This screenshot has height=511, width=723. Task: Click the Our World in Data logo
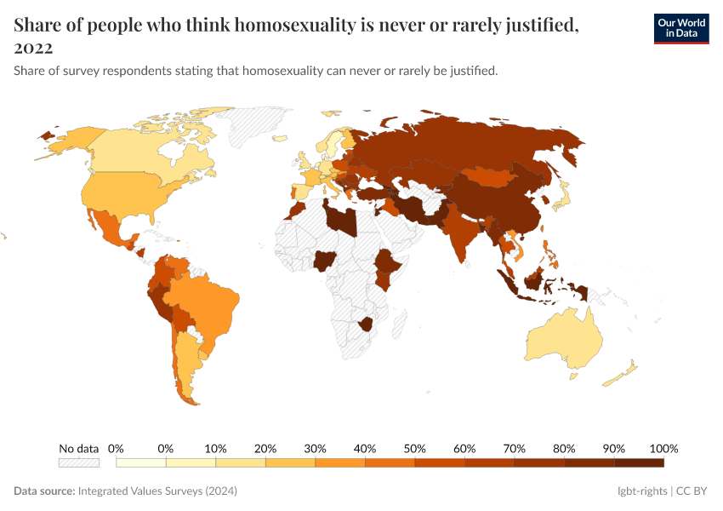click(680, 28)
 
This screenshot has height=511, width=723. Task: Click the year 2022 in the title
click(33, 48)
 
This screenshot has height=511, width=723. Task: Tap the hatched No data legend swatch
click(79, 462)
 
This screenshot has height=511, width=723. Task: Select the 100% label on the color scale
click(663, 448)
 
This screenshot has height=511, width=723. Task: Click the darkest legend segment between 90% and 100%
click(639, 462)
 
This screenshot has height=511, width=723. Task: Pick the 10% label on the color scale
click(215, 448)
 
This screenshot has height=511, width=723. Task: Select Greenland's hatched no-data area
click(255, 128)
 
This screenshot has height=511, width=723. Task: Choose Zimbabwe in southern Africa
click(367, 323)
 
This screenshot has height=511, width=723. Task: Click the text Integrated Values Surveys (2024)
click(157, 491)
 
